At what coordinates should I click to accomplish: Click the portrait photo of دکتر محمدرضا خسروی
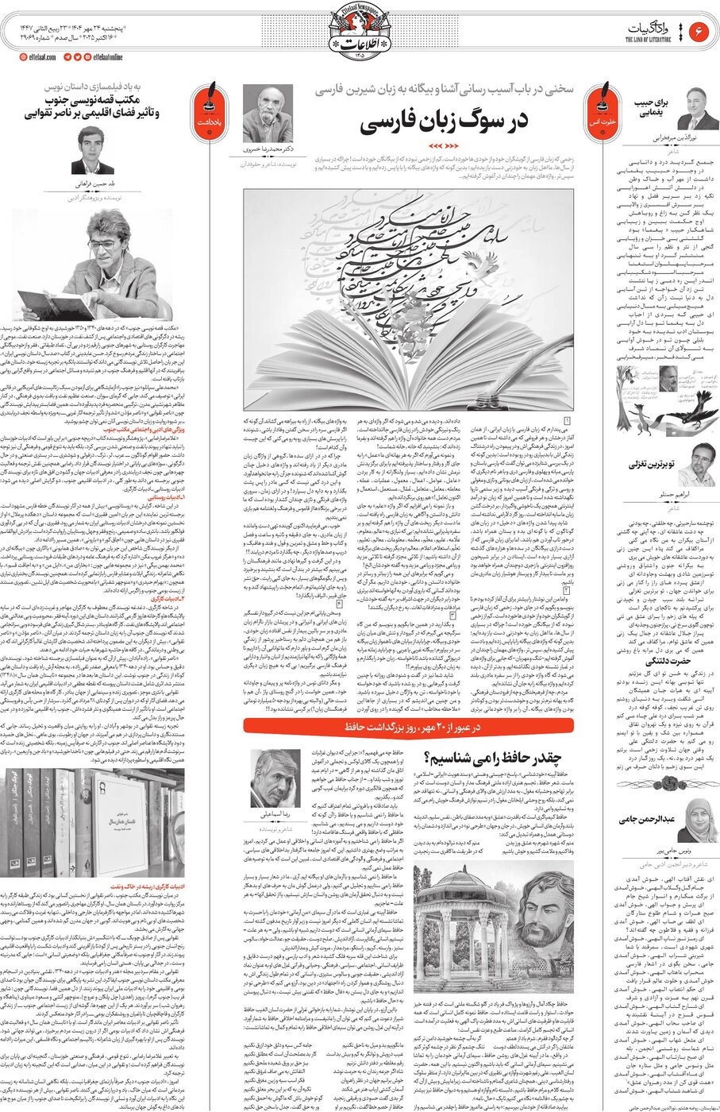click(267, 114)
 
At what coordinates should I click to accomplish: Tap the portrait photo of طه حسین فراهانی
click(93, 149)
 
